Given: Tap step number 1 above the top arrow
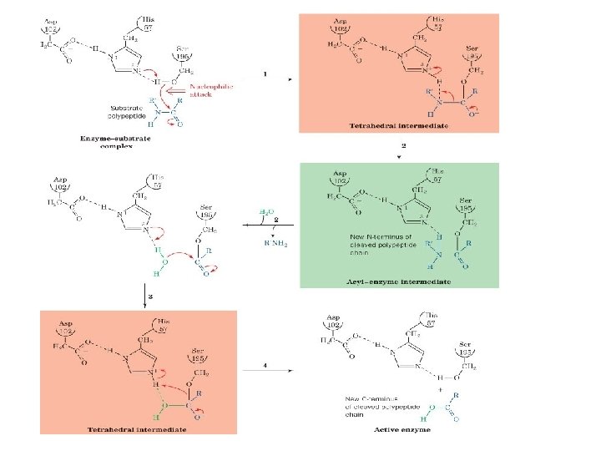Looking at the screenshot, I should tap(265, 74).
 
